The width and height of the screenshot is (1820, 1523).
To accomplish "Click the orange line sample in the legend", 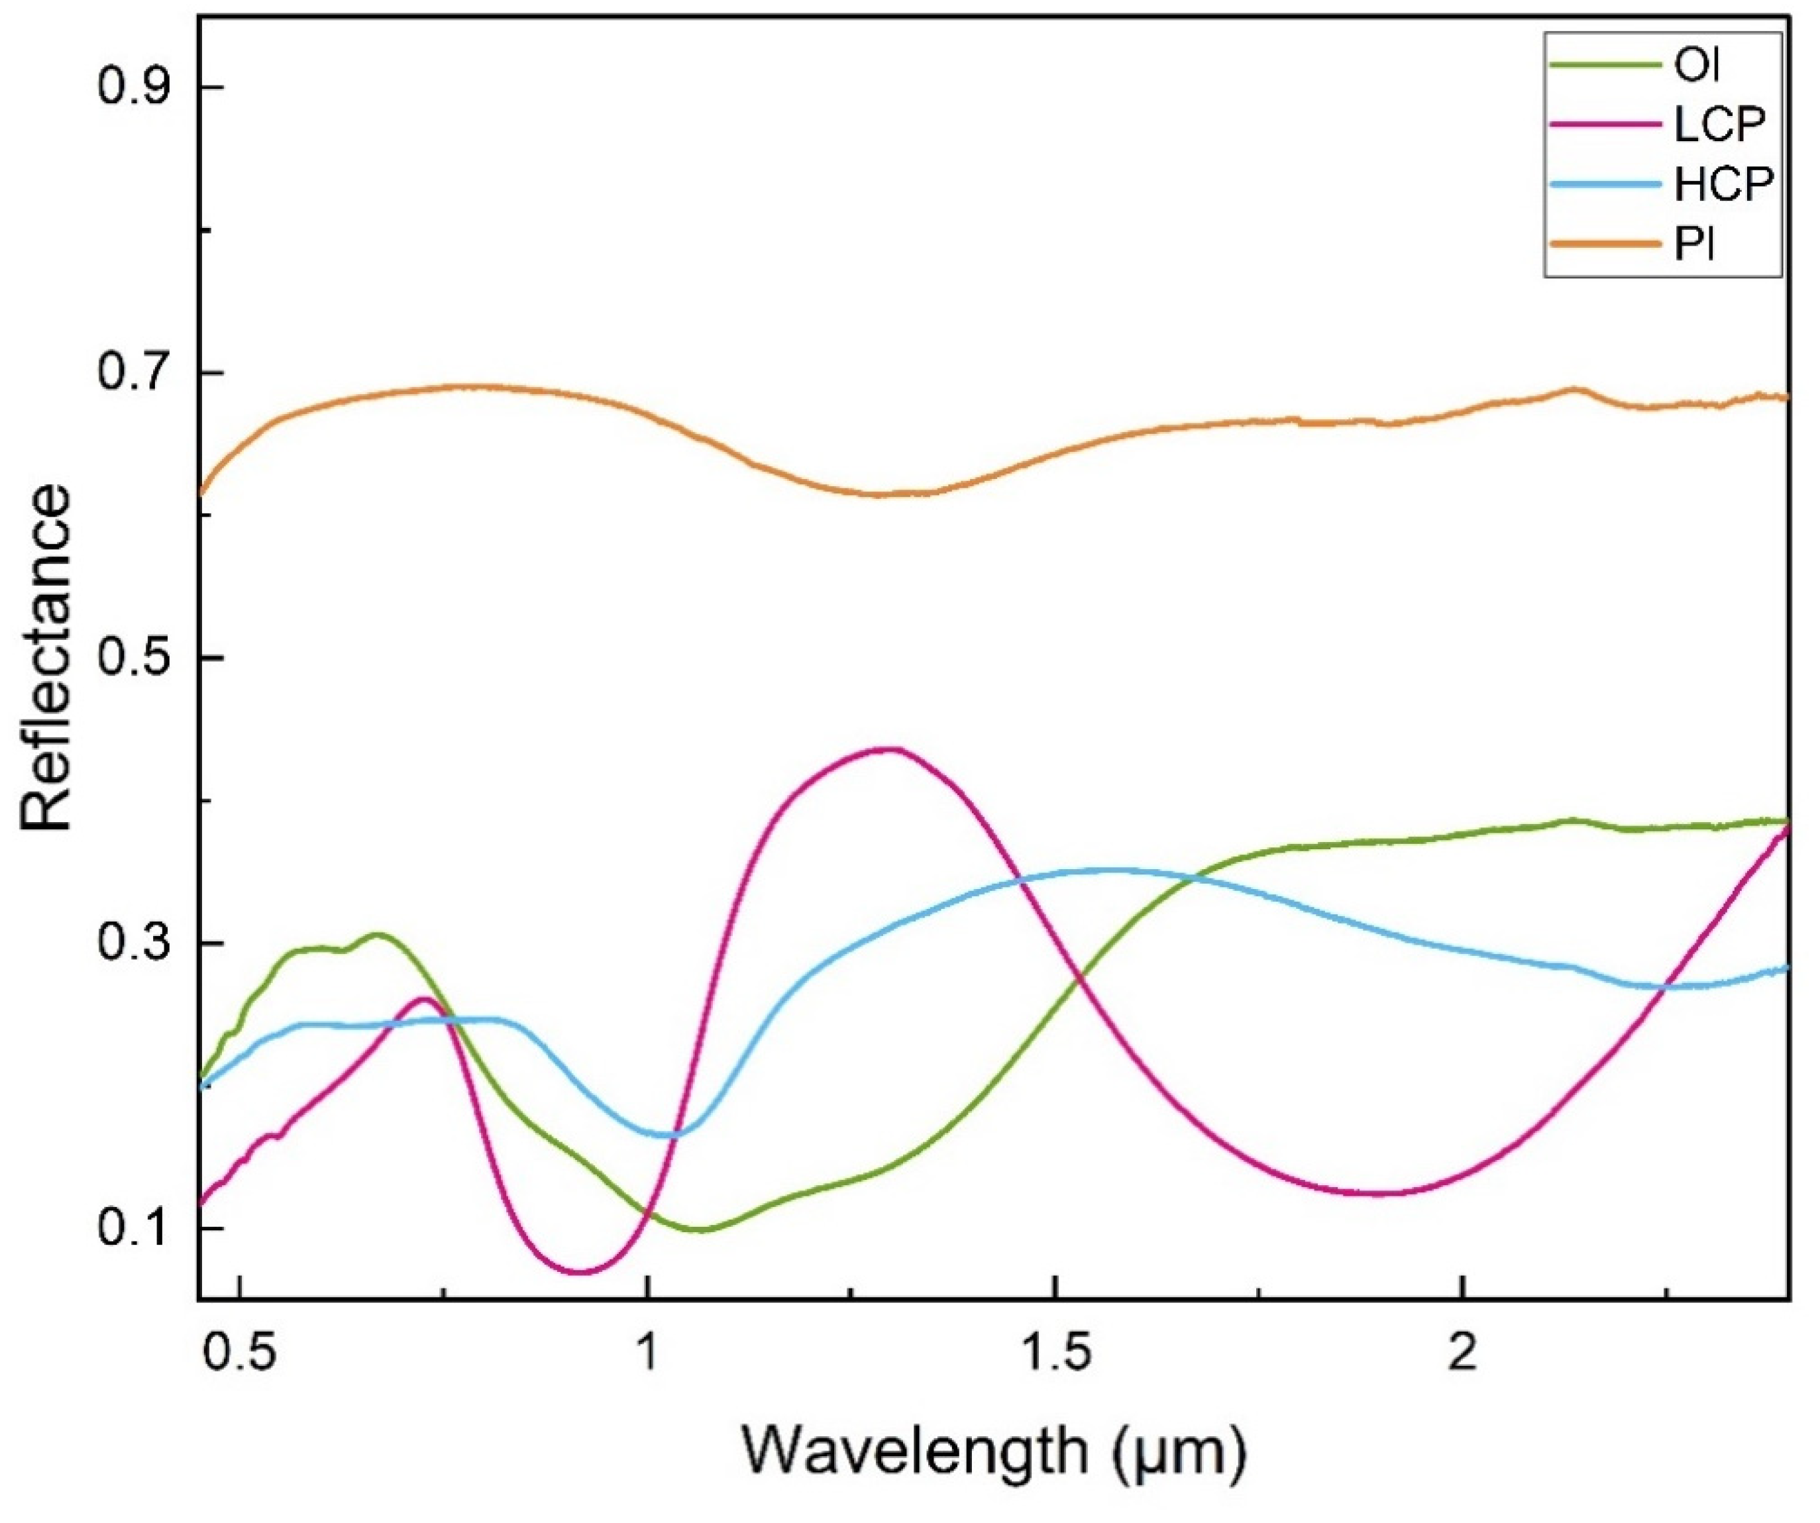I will click(1604, 244).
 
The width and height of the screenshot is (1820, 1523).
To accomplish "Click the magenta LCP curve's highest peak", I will click(886, 749).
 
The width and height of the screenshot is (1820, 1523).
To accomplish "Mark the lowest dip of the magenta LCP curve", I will click(580, 1272).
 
